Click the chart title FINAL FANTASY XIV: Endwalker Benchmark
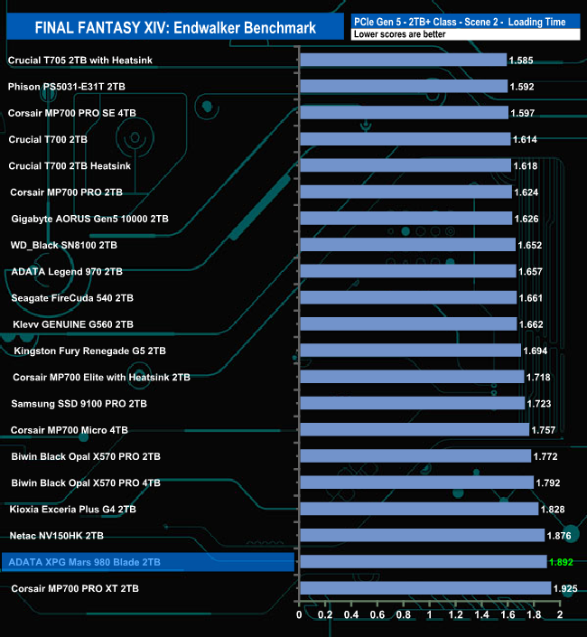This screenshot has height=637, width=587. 175,28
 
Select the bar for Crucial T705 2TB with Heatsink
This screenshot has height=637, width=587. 402,61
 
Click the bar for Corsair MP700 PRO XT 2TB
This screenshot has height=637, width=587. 424,588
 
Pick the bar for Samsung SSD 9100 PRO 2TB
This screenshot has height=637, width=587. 411,403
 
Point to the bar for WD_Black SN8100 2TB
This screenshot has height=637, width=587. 406,245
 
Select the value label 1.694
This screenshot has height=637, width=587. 536,351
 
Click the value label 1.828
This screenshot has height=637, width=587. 554,510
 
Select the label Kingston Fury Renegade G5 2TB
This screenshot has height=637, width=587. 89,351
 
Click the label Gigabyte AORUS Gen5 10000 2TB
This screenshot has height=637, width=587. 89,219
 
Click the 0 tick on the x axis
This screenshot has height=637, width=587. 299,617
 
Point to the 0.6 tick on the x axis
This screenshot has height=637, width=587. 377,617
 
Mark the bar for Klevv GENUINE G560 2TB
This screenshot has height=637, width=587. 407,324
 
